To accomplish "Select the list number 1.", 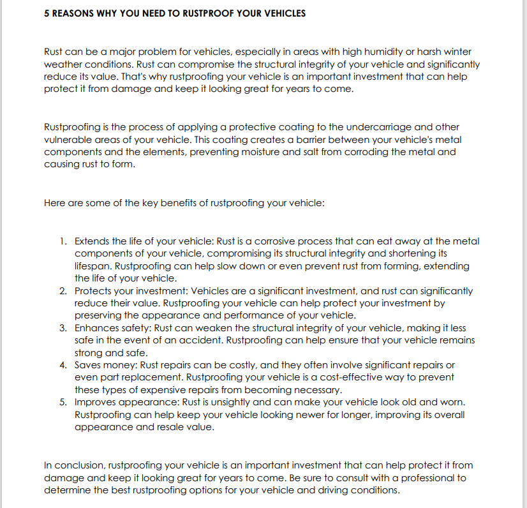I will pos(63,241).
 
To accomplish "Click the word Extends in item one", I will pos(93,241).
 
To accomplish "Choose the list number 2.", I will pos(63,291).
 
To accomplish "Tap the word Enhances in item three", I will pos(96,328).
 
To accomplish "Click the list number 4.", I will pos(63,365).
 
